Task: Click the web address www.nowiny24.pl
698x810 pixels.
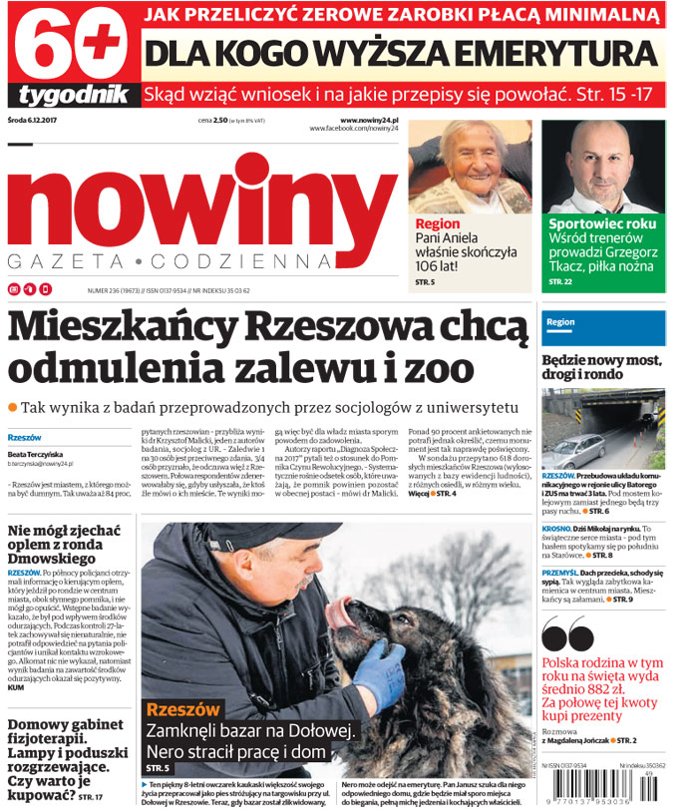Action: point(369,120)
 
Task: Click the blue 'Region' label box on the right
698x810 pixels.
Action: point(602,323)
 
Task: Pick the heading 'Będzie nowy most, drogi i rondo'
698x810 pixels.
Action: point(602,369)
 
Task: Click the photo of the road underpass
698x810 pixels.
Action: point(602,429)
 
